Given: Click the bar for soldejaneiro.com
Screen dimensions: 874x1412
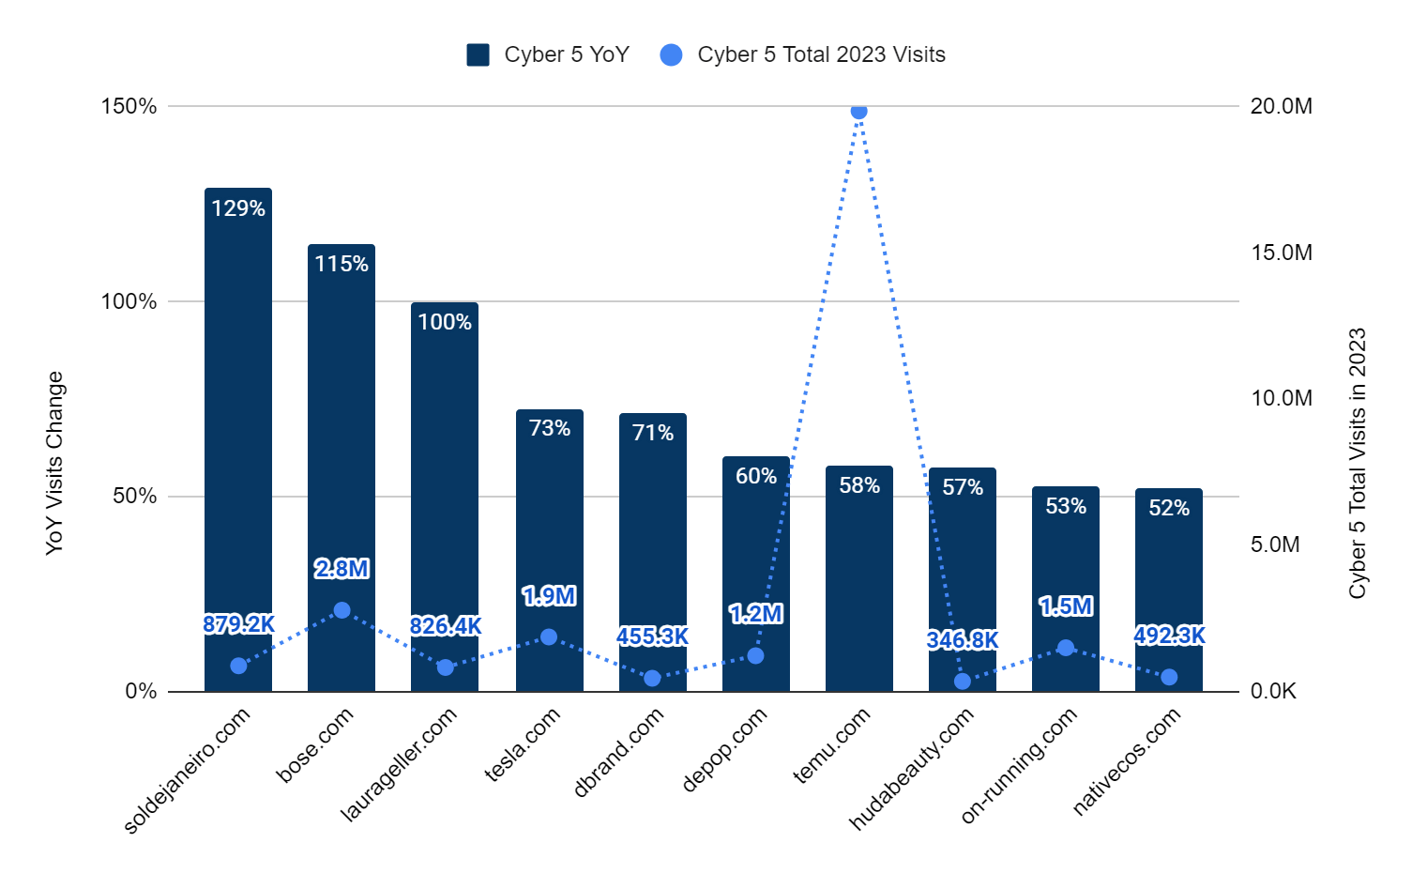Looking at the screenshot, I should (x=238, y=422).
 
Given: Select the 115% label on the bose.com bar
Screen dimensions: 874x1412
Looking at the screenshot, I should (x=342, y=264).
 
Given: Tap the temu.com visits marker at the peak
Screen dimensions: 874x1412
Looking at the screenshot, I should (x=858, y=112).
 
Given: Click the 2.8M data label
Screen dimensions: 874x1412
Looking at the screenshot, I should (x=342, y=568).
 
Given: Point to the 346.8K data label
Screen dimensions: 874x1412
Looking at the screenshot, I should (x=963, y=640).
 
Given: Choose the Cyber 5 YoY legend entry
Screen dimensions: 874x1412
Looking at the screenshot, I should (x=548, y=54).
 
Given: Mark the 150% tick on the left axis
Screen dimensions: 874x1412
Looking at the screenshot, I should (x=129, y=106).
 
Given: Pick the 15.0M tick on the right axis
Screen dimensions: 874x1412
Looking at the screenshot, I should (x=1281, y=253).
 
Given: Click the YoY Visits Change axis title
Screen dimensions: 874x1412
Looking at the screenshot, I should (x=54, y=463).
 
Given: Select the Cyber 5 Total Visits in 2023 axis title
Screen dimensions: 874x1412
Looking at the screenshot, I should (x=1358, y=463).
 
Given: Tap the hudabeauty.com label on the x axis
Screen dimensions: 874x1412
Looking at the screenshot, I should (x=912, y=768).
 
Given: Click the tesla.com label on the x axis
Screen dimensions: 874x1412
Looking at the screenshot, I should (x=523, y=744).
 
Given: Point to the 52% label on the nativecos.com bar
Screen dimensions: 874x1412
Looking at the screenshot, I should (x=1169, y=508).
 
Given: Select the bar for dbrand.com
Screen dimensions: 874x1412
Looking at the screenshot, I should (x=653, y=554).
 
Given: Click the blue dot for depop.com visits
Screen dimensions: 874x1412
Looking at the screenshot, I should (x=755, y=655).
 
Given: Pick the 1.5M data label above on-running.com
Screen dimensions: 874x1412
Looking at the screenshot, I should (x=1066, y=606).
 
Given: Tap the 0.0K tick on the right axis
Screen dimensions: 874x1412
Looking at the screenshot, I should (x=1273, y=691).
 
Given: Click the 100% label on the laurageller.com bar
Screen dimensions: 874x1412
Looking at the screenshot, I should (x=445, y=322).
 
